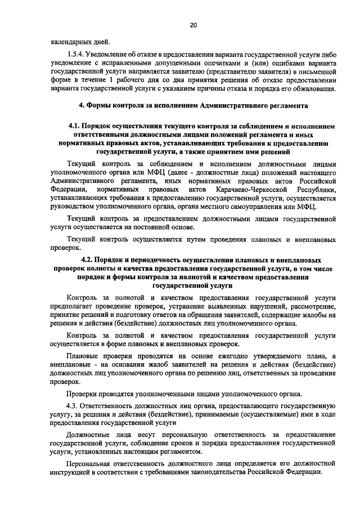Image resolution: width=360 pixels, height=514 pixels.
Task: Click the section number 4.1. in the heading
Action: coord(74,127)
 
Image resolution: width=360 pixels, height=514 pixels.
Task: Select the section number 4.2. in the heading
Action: coord(89,260)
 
